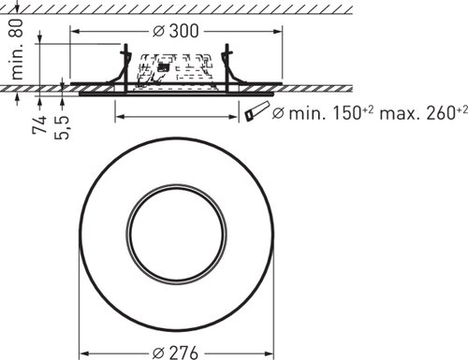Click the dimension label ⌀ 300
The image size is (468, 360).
tap(176, 31)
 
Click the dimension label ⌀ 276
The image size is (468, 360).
tap(176, 353)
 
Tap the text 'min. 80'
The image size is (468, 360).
tap(16, 49)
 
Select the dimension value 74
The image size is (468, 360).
tap(40, 124)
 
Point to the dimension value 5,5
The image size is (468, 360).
tap(62, 127)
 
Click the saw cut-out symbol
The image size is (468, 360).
tap(256, 111)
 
